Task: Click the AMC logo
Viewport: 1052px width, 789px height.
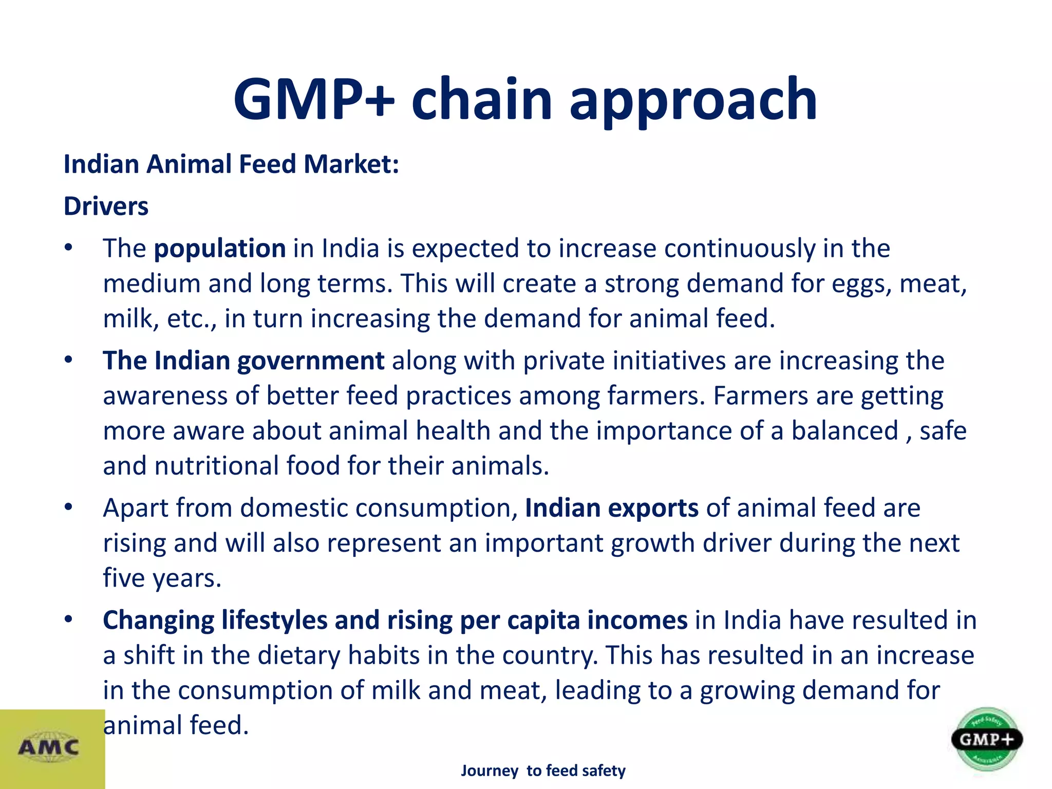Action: [49, 747]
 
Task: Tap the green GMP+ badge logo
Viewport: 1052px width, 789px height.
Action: [986, 740]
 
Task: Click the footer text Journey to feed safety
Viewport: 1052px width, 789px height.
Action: [543, 771]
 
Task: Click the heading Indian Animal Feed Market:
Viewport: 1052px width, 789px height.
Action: [231, 164]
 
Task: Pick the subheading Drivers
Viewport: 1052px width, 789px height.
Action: [106, 206]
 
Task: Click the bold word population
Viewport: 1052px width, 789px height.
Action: [220, 249]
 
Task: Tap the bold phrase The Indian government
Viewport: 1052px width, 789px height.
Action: [243, 361]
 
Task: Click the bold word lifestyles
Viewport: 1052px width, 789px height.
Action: [274, 621]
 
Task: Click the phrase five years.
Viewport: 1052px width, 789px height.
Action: [162, 578]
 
